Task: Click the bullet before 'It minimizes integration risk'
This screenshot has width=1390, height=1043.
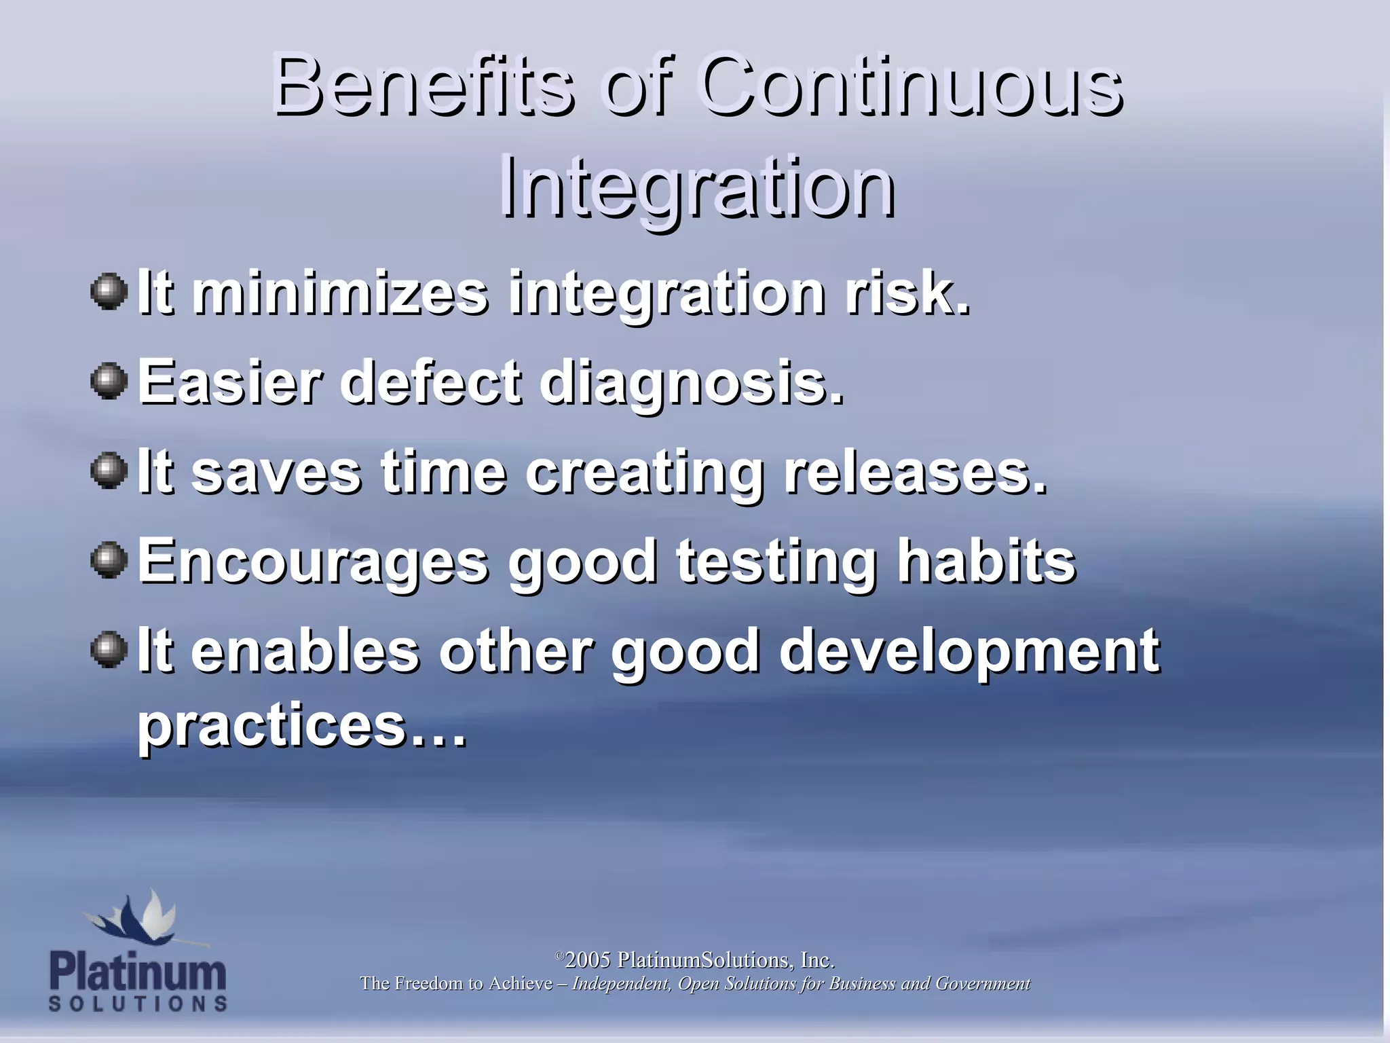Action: pos(109,292)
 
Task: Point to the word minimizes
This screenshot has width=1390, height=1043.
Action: pos(339,293)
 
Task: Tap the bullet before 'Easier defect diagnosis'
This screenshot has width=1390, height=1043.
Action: pos(109,381)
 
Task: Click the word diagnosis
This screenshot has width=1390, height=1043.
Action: pos(691,384)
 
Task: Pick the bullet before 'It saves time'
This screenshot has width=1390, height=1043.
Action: pos(109,470)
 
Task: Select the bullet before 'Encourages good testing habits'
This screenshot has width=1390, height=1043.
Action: pos(109,560)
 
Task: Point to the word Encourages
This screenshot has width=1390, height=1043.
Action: pos(312,562)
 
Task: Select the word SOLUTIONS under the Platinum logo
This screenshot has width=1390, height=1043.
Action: pos(138,1004)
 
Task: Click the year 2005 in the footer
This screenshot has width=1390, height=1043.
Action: pos(588,960)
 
